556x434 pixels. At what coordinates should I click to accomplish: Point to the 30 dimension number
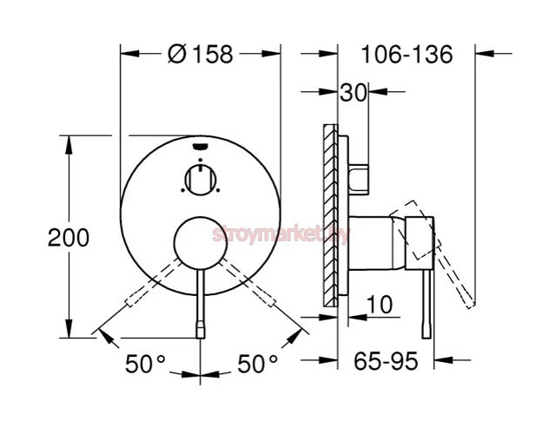[353, 93]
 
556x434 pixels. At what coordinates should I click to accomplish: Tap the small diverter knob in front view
[200, 180]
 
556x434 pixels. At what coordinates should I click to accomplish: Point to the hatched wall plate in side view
[328, 215]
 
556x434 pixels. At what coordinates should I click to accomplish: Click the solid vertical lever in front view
[201, 304]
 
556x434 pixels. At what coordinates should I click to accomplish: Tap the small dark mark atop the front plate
[200, 146]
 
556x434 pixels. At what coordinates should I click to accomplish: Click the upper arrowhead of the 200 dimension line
[66, 142]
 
